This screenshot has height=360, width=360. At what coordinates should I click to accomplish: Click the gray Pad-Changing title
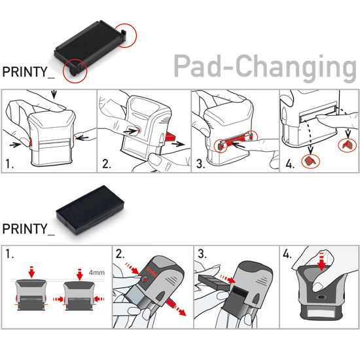[x=265, y=68]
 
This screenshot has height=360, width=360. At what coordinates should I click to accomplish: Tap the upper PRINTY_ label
[x=28, y=72]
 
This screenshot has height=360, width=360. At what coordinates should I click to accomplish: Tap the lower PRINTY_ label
[x=28, y=229]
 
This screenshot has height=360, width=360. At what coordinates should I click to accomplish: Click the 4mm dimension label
[x=97, y=272]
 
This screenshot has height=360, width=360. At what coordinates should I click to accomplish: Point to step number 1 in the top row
[x=9, y=164]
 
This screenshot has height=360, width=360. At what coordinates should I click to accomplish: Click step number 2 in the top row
[x=107, y=164]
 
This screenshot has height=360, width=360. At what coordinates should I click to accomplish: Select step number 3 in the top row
[x=200, y=164]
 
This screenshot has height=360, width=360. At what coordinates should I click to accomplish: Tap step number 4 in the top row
[x=290, y=164]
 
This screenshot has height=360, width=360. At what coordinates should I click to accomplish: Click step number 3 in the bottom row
[x=202, y=254]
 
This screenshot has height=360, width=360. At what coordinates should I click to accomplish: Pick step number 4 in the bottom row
[x=287, y=254]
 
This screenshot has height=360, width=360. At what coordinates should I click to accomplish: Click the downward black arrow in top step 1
[x=54, y=94]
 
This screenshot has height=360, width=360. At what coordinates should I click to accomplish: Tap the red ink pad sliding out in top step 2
[x=170, y=137]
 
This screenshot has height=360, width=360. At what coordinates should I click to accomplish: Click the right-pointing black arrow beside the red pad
[x=178, y=144]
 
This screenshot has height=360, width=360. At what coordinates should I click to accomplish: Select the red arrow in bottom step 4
[x=321, y=262]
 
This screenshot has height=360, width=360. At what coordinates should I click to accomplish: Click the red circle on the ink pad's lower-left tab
[x=75, y=71]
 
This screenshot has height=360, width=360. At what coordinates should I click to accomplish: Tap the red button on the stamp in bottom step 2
[x=145, y=279]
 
